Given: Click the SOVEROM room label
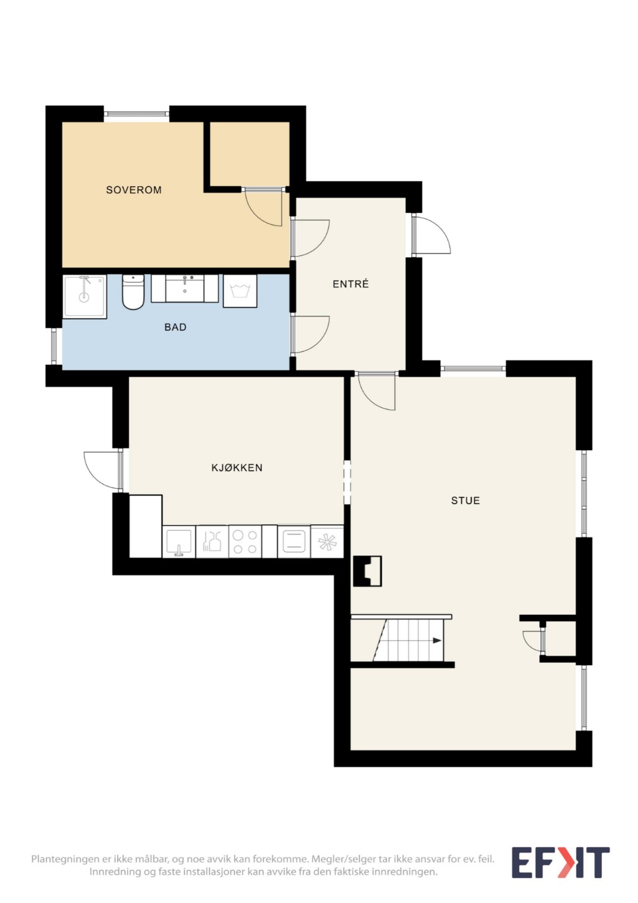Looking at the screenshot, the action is click(133, 190).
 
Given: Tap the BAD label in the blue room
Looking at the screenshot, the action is click(176, 327).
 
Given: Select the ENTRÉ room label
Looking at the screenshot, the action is click(350, 284).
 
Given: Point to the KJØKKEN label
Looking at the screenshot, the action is click(237, 468).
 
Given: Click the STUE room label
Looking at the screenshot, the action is click(466, 501).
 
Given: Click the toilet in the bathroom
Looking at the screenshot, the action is click(133, 292).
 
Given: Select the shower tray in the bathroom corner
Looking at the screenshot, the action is click(85, 296).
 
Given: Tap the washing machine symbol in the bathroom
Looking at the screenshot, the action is click(240, 291).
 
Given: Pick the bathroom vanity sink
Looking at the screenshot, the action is click(185, 288).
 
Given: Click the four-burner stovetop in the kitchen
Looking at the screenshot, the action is click(245, 542).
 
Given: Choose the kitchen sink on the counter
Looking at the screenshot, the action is click(179, 542).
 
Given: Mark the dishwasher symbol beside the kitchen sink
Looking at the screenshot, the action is click(212, 542).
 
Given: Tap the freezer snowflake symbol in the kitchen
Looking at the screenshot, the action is click(327, 542).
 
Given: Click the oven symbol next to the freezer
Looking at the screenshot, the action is click(294, 542).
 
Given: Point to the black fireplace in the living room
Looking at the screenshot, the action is click(367, 571).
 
